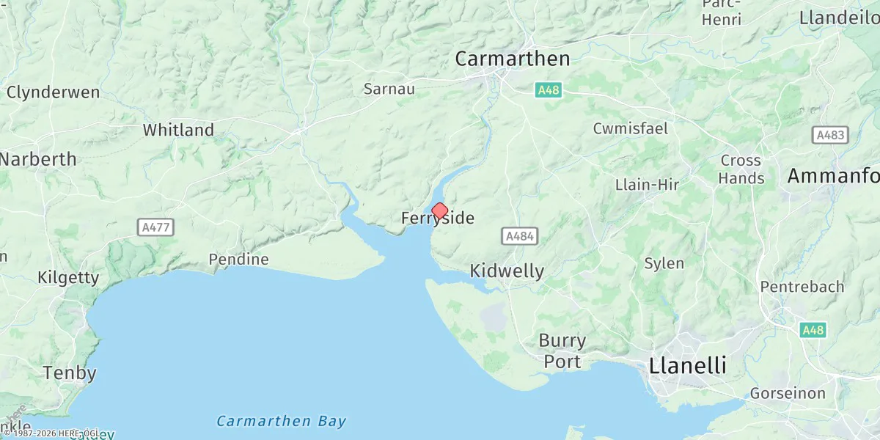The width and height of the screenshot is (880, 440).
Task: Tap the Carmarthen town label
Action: coord(512,59)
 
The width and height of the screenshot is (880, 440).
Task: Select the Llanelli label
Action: coord(687,365)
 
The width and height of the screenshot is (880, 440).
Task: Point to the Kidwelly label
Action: coord(507,271)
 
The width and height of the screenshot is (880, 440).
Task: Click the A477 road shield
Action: coord(155,227)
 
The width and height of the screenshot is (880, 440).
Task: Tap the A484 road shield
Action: coord(520,236)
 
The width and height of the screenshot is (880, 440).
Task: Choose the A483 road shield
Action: coord(830,135)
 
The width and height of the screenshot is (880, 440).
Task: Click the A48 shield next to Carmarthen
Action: coord(548,89)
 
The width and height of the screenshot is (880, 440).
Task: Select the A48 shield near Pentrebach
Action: coord(813,330)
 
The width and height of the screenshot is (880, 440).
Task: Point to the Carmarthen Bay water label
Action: coord(282,422)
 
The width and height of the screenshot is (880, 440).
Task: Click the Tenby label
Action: coord(70,373)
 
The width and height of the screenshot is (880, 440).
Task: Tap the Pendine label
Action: coord(238,260)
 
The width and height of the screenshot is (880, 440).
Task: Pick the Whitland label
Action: coord(178,131)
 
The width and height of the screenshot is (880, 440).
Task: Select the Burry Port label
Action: coord(562,351)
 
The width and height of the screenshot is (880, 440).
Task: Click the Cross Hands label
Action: coord(741,169)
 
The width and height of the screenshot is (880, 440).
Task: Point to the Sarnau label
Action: coord(389,89)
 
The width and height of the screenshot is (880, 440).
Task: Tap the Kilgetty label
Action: coord(68,277)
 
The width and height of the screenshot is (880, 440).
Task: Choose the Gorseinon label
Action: coord(788,393)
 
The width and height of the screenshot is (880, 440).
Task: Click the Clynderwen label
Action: coord(53,92)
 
